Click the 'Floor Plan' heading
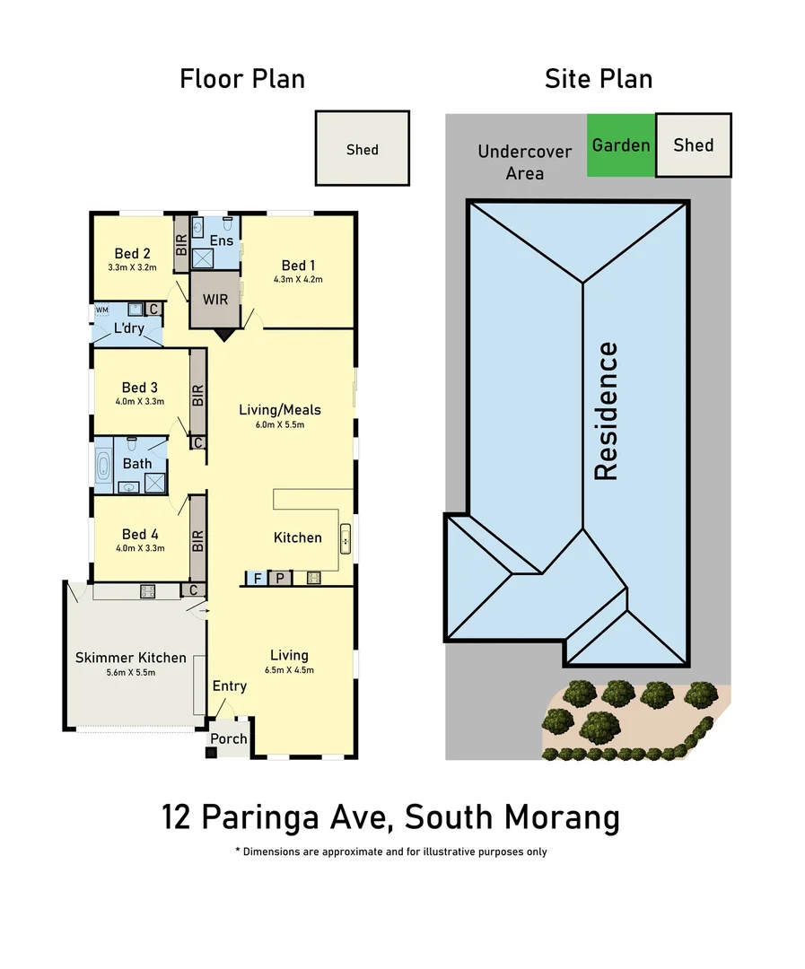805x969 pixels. [x=242, y=79]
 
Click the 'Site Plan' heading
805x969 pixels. [x=599, y=79]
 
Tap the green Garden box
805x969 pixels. [x=621, y=144]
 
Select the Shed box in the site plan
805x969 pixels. [x=693, y=144]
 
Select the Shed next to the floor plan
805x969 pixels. [x=362, y=149]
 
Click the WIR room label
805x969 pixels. [x=215, y=300]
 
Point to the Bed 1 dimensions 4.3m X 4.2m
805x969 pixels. [x=298, y=279]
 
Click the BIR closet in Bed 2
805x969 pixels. [x=181, y=242]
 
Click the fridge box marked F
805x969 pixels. [x=258, y=579]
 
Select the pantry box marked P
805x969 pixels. [x=280, y=579]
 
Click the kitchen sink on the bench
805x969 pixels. [x=344, y=539]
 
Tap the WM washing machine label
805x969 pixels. [x=101, y=310]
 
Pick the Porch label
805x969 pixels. [x=227, y=739]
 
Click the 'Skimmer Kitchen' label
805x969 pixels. [x=131, y=658]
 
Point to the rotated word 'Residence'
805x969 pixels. [x=608, y=410]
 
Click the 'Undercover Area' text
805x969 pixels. [x=524, y=161]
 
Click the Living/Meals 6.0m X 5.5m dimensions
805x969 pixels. [x=279, y=424]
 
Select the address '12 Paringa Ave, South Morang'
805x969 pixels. [x=390, y=817]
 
